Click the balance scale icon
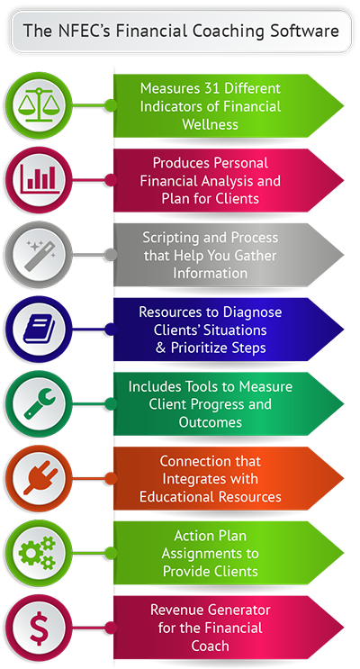click(39, 105)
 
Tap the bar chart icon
click(39, 179)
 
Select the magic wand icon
click(40, 255)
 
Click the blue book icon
click(40, 330)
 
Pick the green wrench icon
click(40, 403)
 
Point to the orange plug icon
click(40, 478)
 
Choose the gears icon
click(38, 553)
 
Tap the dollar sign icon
click(39, 628)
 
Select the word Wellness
click(211, 124)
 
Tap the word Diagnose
click(249, 312)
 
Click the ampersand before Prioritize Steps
click(161, 348)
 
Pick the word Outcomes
click(211, 422)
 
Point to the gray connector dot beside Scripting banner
click(111, 255)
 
